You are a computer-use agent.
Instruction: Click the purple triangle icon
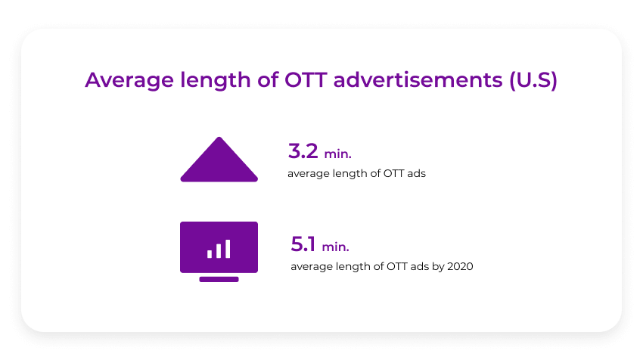tap(219, 162)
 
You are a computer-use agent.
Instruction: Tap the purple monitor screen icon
tap(219, 247)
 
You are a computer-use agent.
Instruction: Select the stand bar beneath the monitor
tap(219, 279)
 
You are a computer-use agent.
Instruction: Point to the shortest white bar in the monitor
tap(210, 254)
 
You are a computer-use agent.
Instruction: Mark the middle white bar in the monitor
tap(219, 251)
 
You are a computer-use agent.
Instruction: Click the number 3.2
tap(303, 151)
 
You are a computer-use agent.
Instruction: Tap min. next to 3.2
tap(338, 154)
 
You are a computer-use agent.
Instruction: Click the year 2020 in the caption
tap(460, 266)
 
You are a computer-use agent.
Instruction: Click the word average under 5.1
tap(310, 266)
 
